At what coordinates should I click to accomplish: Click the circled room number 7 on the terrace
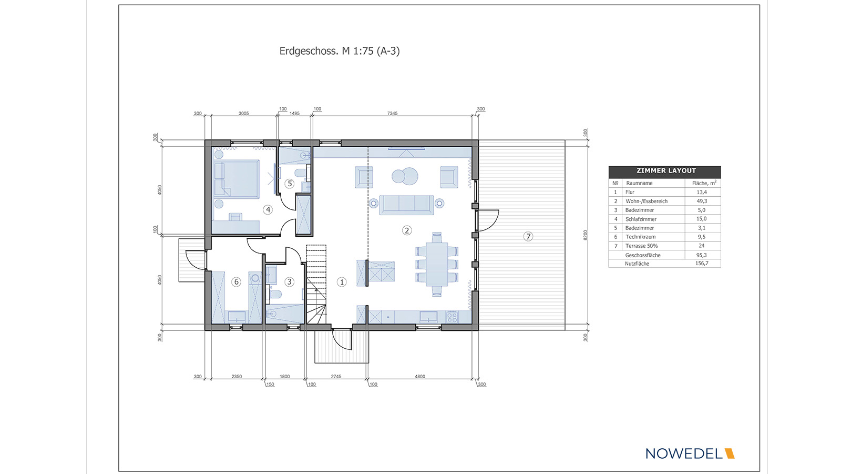point(528,236)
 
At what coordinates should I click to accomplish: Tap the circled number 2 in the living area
point(407,230)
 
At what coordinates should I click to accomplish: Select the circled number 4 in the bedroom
point(268,210)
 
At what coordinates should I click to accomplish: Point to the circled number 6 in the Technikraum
point(236,281)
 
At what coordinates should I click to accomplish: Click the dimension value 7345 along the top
point(392,113)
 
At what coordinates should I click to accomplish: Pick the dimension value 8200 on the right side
point(585,235)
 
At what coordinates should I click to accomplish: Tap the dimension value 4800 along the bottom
point(420,376)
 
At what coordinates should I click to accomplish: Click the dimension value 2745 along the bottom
point(336,376)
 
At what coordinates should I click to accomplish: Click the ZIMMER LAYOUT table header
point(666,170)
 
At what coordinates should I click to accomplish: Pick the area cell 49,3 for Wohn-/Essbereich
point(702,201)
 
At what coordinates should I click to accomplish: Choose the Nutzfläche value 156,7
point(702,264)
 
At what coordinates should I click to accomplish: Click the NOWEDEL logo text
point(684,453)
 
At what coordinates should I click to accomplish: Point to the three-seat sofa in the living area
point(406,205)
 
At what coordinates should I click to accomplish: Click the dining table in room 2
point(437,265)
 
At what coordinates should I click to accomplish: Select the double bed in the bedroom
point(237,179)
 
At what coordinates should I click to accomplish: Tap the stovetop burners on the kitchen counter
point(452,317)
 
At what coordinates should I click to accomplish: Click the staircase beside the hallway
point(316,284)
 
